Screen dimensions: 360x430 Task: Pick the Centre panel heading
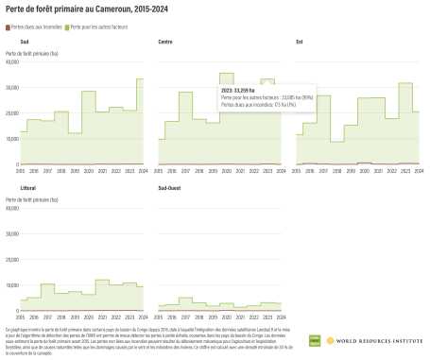pyautogui.click(x=165, y=43)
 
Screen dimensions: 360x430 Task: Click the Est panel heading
pyautogui.click(x=300, y=43)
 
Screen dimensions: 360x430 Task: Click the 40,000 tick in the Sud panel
pyautogui.click(x=12, y=63)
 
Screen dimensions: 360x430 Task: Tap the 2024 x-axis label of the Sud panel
pyautogui.click(x=143, y=170)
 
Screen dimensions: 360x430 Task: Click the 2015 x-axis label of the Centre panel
pyautogui.click(x=159, y=170)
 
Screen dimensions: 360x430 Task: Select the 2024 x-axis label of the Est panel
pyautogui.click(x=419, y=170)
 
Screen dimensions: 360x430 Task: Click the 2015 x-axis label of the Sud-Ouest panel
pyautogui.click(x=159, y=317)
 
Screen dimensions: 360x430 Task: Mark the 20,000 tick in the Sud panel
pyautogui.click(x=12, y=113)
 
